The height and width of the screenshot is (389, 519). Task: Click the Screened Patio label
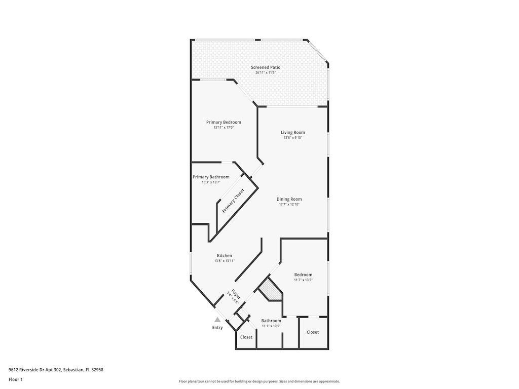pos(266,67)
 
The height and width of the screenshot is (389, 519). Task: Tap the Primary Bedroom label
pos(224,122)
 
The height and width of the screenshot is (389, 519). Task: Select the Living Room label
pos(293,133)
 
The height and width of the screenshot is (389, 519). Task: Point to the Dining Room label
pos(289,199)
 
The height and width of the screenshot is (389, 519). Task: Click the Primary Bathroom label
pos(211,177)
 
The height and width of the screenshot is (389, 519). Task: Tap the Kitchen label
pos(225,256)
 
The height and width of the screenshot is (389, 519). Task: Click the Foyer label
pos(236,294)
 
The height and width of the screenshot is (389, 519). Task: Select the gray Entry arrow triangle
pos(217,320)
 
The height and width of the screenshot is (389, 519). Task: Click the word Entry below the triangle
pos(217,328)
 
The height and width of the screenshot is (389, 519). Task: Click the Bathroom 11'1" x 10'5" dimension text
pos(271,326)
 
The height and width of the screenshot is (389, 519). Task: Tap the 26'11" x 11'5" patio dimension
pos(266,73)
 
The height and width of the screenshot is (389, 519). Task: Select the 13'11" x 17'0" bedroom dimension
pos(224,128)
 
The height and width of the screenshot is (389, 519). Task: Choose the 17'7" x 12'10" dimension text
pos(289,205)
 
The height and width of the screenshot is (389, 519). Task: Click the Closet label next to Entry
pos(246,337)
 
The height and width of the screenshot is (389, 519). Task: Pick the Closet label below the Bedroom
pos(313,332)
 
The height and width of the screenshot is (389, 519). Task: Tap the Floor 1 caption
pos(16,379)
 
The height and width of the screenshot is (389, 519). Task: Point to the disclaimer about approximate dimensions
pos(259,381)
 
